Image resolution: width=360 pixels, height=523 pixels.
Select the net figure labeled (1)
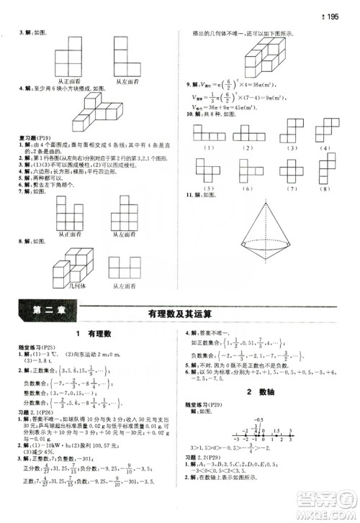click(x=209, y=133)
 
